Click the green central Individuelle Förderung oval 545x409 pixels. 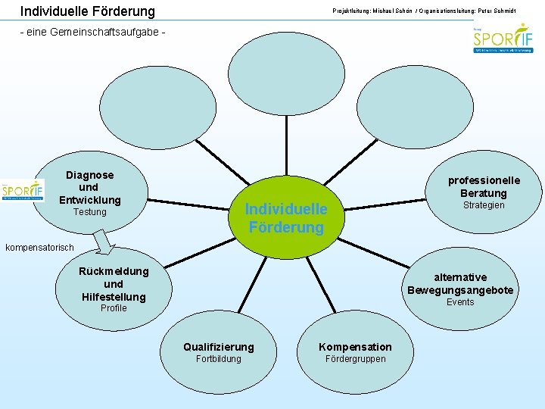click(x=286, y=217)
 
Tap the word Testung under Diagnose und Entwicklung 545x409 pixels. click(x=89, y=212)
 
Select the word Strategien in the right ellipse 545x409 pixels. click(x=484, y=205)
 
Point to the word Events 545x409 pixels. click(x=460, y=302)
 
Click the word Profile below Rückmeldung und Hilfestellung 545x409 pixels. click(x=114, y=308)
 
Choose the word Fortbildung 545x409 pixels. click(x=218, y=359)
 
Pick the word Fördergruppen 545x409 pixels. click(x=355, y=359)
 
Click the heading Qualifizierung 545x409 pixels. click(x=219, y=347)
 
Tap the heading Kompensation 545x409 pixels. click(x=356, y=347)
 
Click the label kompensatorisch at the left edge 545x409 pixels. click(x=40, y=248)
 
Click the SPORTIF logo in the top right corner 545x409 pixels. click(x=503, y=39)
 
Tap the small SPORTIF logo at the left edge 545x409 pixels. click(x=23, y=191)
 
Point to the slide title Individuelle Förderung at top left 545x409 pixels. click(x=87, y=11)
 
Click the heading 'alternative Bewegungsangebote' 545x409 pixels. click(x=460, y=284)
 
